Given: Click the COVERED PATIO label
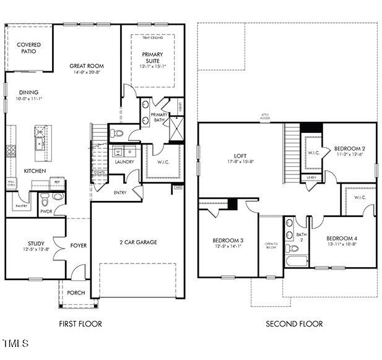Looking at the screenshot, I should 28,48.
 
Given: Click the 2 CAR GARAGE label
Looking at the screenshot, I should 138,242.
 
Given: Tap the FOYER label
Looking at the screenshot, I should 79,246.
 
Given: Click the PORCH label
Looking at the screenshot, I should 76,293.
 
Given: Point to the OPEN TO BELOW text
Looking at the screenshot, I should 271,246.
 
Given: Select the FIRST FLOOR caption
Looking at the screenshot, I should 80,324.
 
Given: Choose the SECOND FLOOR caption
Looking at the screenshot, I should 294,324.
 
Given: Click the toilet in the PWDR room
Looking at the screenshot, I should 44,200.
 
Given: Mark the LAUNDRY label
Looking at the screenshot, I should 124,162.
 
